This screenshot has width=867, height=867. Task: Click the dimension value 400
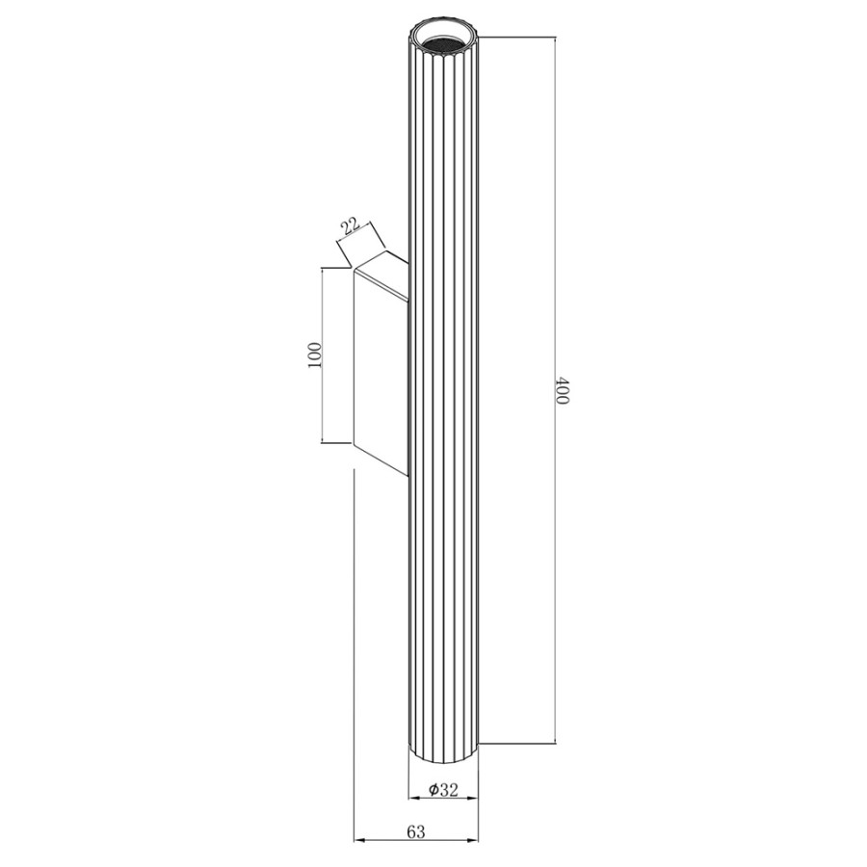pyautogui.click(x=562, y=390)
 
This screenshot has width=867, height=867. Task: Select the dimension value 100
pyautogui.click(x=314, y=355)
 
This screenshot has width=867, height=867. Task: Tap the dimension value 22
pyautogui.click(x=350, y=227)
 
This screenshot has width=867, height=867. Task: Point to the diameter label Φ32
pyautogui.click(x=443, y=790)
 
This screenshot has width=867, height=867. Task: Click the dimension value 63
pyautogui.click(x=416, y=831)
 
